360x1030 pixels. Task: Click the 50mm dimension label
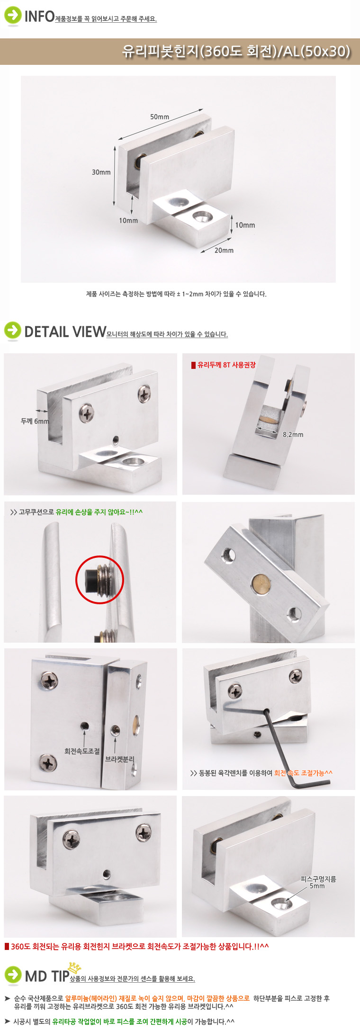160,117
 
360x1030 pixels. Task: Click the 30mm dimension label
101,172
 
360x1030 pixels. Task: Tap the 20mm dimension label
224,251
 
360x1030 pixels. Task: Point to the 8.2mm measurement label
293,434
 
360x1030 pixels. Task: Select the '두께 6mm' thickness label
35,421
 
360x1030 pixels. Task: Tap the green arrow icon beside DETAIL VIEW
13,331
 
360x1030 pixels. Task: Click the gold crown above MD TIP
75,967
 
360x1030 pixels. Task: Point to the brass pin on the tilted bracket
261,582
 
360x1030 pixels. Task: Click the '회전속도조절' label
82,751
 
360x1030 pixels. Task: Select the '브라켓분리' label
119,759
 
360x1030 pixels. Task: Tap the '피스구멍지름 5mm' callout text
318,882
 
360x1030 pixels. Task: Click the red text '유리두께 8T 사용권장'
226,365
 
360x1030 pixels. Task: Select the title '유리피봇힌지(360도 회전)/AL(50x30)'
236,51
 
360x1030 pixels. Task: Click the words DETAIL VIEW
65,331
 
